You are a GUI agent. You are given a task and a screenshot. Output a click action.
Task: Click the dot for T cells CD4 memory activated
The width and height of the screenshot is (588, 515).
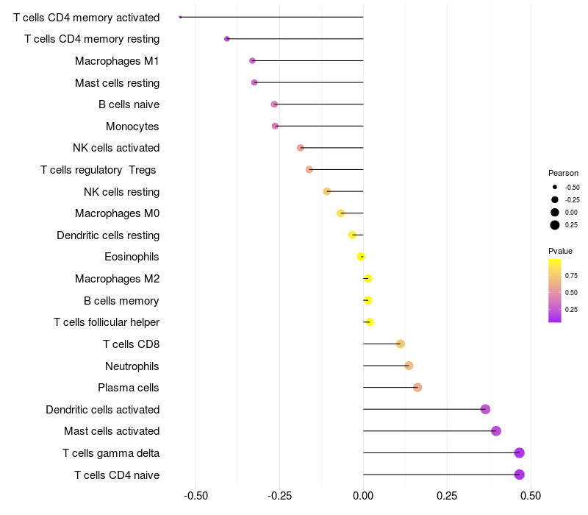pyautogui.click(x=180, y=17)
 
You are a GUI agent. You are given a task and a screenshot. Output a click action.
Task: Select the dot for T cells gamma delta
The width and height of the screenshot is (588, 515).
pyautogui.click(x=520, y=453)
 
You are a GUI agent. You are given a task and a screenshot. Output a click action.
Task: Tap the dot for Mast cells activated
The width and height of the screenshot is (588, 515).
pyautogui.click(x=496, y=431)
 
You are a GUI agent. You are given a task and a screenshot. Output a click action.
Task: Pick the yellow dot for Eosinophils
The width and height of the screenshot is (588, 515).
pyautogui.click(x=361, y=257)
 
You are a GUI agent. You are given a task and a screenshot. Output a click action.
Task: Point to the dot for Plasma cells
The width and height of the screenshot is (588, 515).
pyautogui.click(x=417, y=388)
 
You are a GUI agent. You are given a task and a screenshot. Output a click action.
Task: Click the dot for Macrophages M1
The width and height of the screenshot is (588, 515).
pyautogui.click(x=252, y=60)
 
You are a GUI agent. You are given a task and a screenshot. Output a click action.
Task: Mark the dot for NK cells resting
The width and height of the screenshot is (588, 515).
pyautogui.click(x=327, y=191)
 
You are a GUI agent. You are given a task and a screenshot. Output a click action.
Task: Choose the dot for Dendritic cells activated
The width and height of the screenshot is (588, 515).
pyautogui.click(x=485, y=409)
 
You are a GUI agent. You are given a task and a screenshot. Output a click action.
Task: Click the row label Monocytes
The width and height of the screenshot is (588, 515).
pyautogui.click(x=132, y=127)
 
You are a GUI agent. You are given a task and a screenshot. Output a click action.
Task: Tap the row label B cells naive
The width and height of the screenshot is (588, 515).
pyautogui.click(x=129, y=104)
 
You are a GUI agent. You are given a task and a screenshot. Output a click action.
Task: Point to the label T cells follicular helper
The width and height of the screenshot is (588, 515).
pyautogui.click(x=107, y=322)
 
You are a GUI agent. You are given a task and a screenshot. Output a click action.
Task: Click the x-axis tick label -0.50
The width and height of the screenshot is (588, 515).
pyautogui.click(x=196, y=495)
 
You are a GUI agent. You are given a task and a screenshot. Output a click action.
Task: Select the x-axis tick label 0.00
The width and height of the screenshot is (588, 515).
pyautogui.click(x=363, y=495)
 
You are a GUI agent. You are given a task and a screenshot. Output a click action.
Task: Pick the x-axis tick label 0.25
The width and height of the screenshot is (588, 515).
pyautogui.click(x=447, y=495)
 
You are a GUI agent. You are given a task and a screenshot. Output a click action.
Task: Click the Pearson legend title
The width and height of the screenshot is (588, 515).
pyautogui.click(x=563, y=173)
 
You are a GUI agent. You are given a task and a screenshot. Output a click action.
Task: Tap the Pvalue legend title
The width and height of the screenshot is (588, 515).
pyautogui.click(x=560, y=251)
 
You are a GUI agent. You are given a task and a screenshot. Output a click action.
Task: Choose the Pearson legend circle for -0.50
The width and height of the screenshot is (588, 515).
pyautogui.click(x=555, y=187)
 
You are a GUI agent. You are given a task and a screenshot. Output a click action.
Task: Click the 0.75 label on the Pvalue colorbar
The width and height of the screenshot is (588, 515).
pyautogui.click(x=571, y=276)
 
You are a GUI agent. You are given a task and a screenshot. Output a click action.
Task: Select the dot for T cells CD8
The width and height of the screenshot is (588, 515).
pyautogui.click(x=401, y=344)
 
